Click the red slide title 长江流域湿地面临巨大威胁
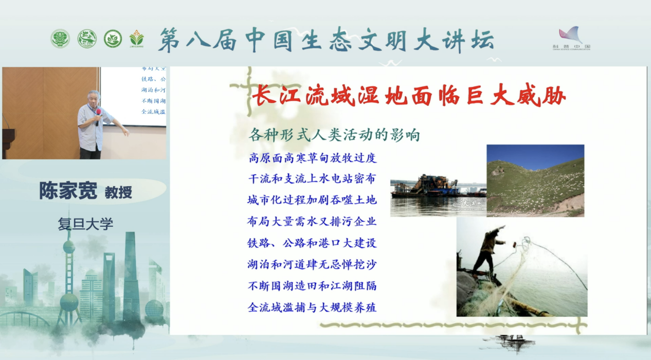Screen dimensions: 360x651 point(409,96)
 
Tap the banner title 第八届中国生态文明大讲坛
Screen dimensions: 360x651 point(326,40)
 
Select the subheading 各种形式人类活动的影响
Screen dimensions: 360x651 point(334,135)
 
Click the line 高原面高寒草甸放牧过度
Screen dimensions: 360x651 point(312,158)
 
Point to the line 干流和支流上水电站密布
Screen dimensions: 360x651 point(312,179)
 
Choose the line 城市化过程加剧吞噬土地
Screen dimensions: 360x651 point(312,200)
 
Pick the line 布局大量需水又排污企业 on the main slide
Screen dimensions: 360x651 point(312,222)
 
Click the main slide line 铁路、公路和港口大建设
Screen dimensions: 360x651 point(312,243)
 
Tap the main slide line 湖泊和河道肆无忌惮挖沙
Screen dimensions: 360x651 point(312,265)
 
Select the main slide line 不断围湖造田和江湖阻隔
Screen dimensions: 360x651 point(312,286)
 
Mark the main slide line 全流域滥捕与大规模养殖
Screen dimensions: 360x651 point(312,308)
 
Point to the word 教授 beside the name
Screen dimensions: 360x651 point(118,192)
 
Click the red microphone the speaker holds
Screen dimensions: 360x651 point(98,112)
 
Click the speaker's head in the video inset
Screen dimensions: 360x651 point(93,97)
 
